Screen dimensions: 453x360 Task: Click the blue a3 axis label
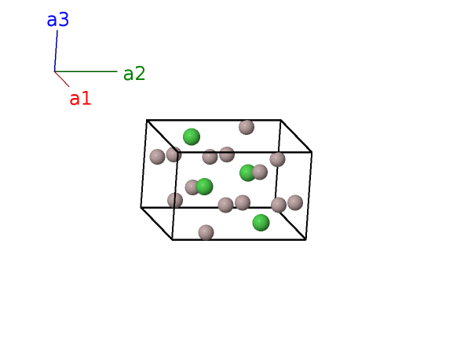58,20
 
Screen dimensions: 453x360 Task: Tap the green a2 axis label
134,74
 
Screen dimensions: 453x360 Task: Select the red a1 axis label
80,99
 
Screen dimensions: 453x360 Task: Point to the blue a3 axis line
56,51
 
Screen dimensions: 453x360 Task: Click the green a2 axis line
86,71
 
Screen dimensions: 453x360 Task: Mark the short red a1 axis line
62,79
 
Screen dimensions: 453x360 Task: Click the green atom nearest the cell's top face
192,136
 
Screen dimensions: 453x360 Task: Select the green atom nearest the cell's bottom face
261,223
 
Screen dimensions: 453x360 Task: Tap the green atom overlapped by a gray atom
247,173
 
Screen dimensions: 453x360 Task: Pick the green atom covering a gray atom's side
205,187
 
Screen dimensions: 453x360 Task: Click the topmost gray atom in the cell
247,127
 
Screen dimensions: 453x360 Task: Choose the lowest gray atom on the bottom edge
206,232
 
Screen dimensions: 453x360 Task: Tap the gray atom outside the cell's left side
158,157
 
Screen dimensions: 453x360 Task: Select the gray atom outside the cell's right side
295,202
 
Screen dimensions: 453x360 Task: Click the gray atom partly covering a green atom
260,172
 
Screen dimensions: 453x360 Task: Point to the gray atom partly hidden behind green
192,187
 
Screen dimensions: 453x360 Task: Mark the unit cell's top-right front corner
312,152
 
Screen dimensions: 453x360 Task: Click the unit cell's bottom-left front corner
173,240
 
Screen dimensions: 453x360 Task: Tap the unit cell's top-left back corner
147,120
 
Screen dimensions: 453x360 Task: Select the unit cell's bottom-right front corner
306,240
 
